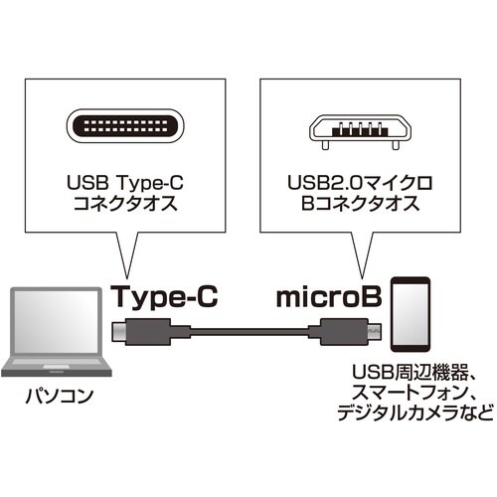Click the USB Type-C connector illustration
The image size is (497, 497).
tap(124, 129)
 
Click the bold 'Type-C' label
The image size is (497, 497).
tap(162, 295)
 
